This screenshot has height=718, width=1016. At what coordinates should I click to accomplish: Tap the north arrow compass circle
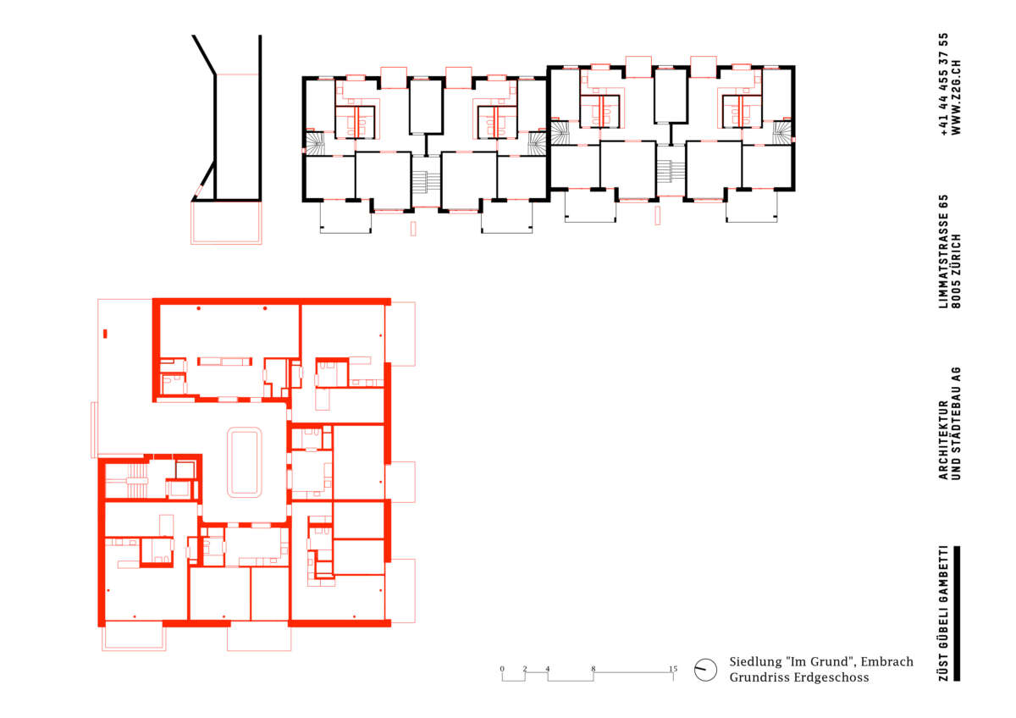click(x=705, y=670)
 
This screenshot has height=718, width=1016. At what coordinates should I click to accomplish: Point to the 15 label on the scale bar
click(x=672, y=669)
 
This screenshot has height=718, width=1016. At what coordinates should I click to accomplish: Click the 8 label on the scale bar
click(x=593, y=669)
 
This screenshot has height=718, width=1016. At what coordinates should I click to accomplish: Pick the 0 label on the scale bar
click(x=501, y=669)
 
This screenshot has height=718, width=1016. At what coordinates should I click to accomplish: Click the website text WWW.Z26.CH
click(x=956, y=97)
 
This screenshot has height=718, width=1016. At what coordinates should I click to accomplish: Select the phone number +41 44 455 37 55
click(x=944, y=84)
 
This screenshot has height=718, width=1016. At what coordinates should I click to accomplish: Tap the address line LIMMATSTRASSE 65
click(x=944, y=251)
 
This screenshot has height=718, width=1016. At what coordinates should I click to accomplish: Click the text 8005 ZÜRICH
click(x=956, y=271)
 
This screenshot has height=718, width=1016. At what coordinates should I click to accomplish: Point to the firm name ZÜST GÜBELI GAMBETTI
click(x=944, y=613)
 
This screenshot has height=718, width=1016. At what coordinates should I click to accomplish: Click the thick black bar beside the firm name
click(x=957, y=613)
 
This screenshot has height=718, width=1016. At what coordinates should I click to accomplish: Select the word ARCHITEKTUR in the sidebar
click(x=944, y=440)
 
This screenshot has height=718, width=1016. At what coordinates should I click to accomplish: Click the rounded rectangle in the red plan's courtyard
click(x=244, y=462)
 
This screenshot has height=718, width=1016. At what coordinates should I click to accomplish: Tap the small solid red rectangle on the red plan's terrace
click(x=105, y=334)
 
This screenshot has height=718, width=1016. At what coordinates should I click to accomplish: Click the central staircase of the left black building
click(x=425, y=181)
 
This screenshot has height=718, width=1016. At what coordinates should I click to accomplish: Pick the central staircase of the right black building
click(x=671, y=171)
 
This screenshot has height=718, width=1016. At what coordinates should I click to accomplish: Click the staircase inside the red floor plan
click(x=137, y=480)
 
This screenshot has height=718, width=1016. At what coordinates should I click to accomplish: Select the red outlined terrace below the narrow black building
click(x=226, y=223)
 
